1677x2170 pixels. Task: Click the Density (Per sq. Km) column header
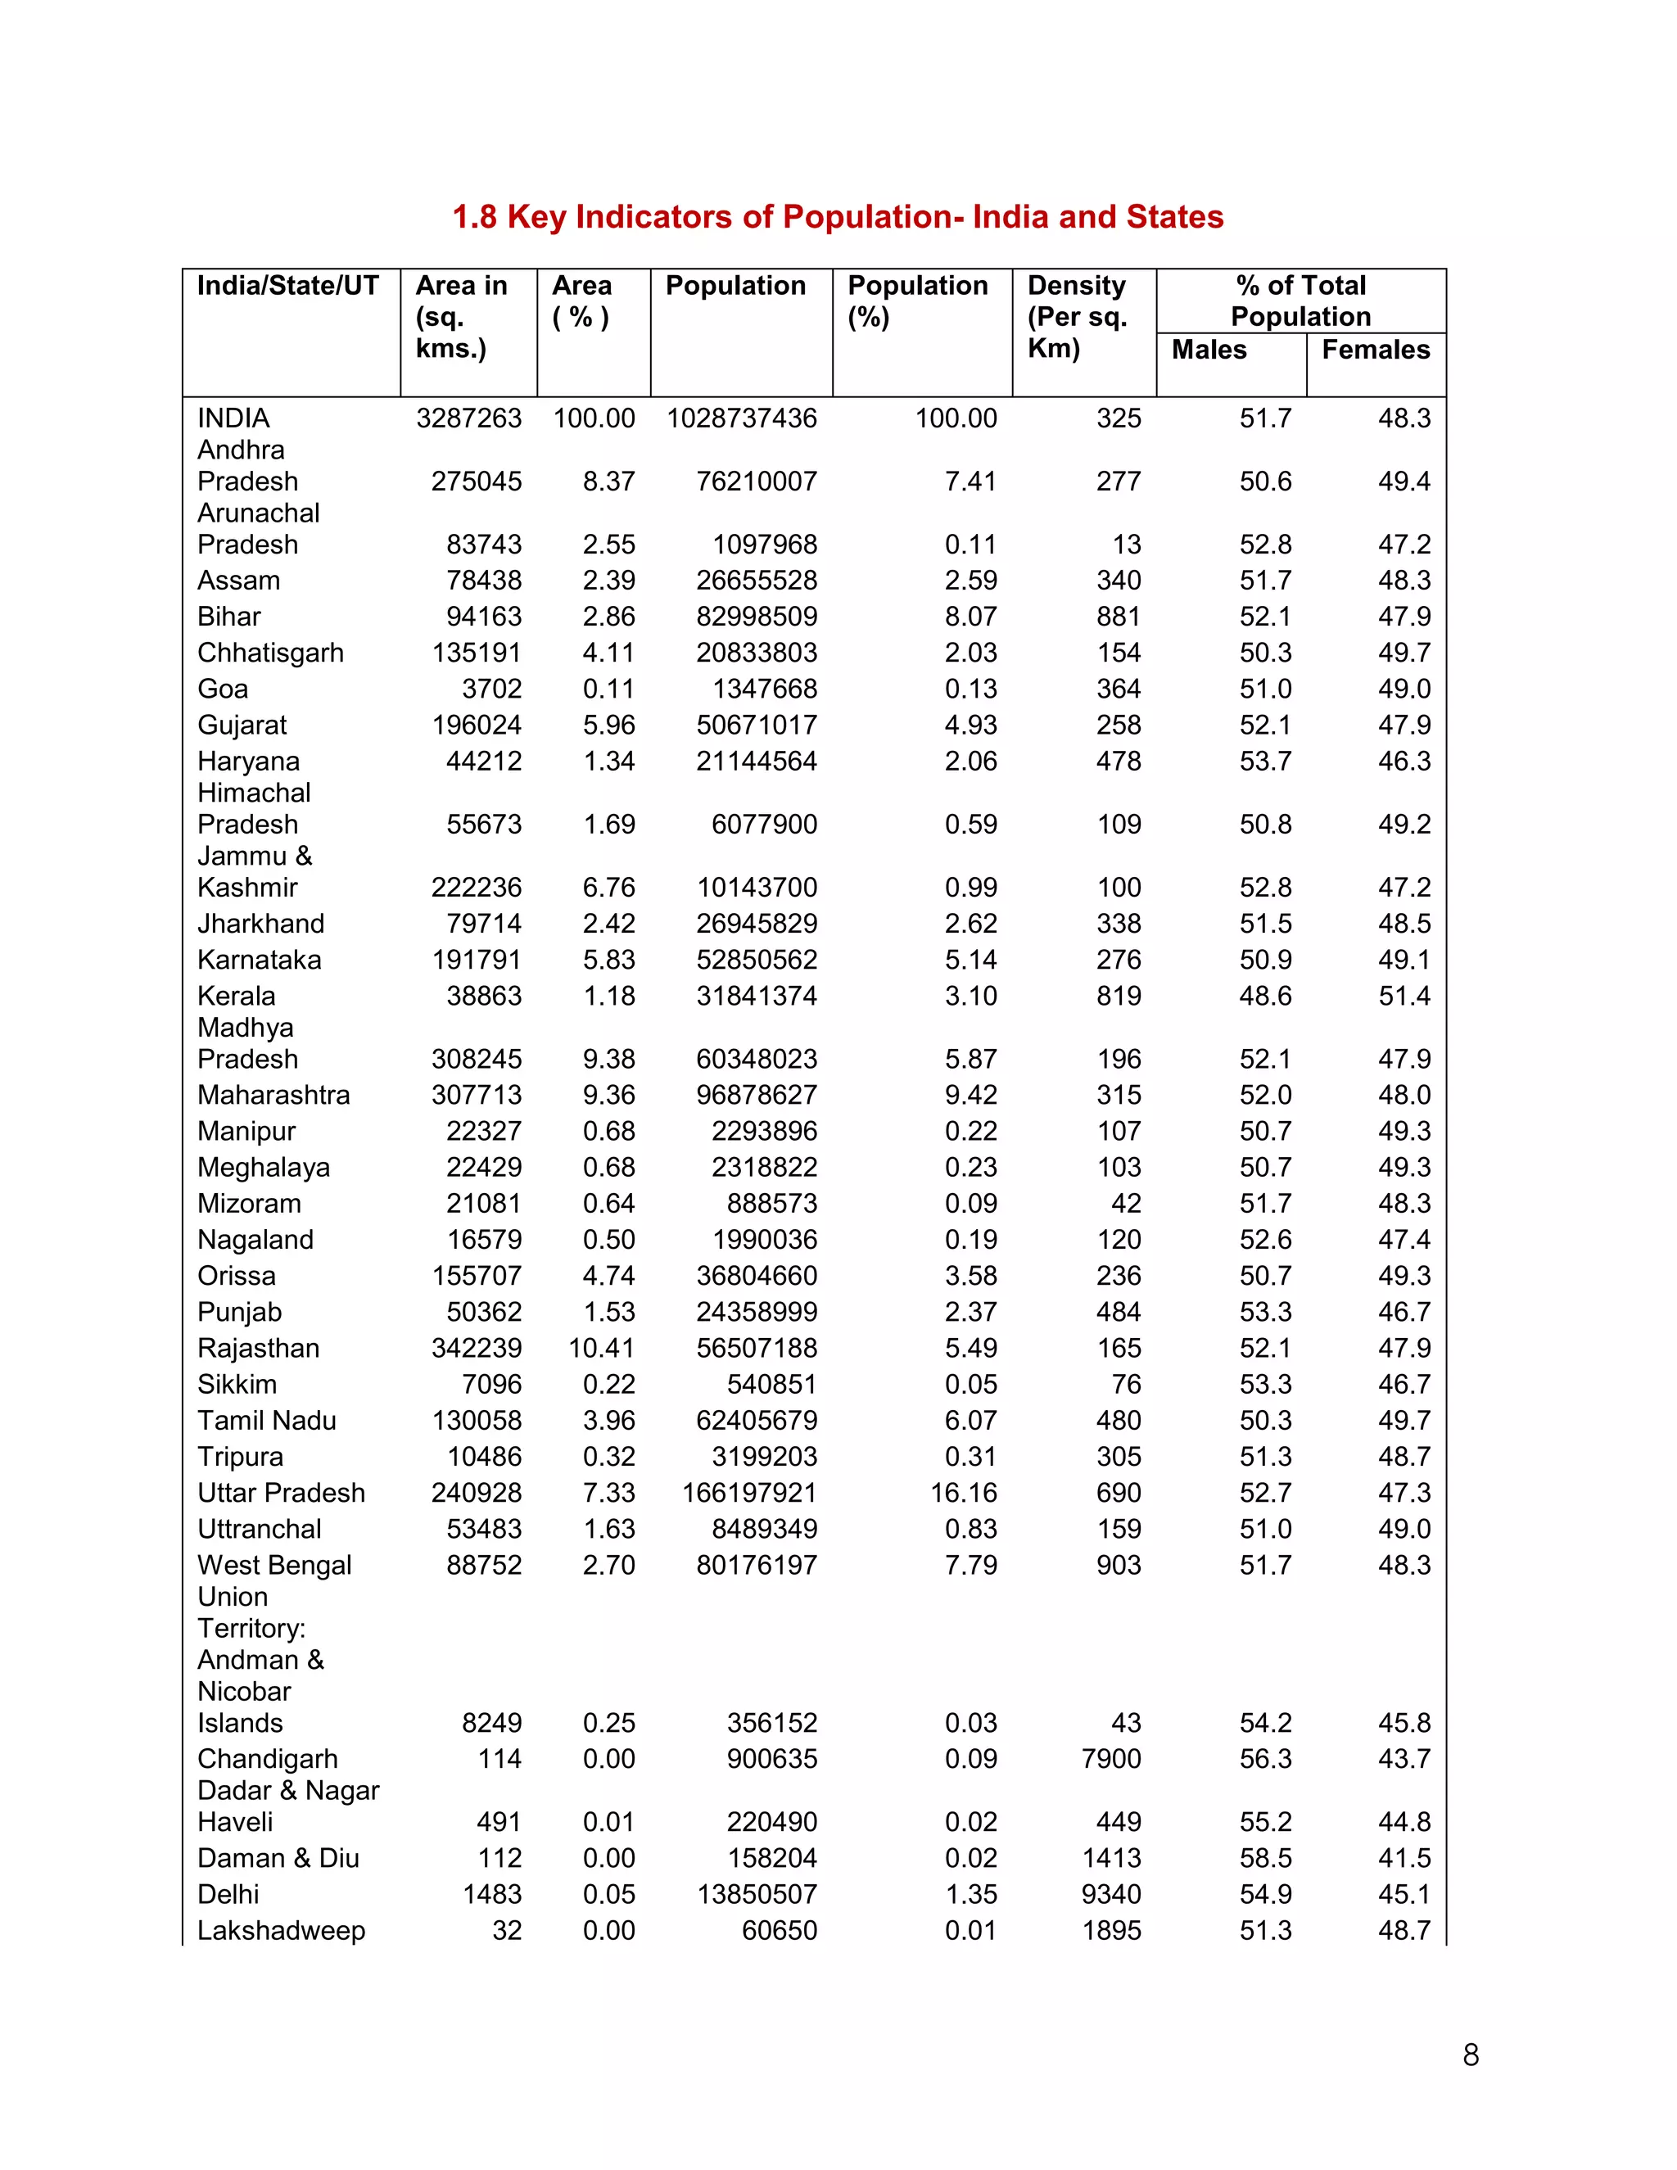point(1078,317)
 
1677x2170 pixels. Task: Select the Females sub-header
point(1375,350)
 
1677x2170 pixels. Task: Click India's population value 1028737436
point(741,418)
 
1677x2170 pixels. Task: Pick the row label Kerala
point(237,996)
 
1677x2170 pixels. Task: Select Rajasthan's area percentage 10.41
point(601,1349)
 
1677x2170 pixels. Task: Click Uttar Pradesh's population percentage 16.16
point(963,1492)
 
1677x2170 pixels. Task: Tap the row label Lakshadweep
point(281,1931)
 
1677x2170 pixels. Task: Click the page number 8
point(1471,2055)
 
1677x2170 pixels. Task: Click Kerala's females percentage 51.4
point(1404,996)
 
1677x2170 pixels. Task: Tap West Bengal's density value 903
point(1119,1565)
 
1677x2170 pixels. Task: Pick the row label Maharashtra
point(273,1095)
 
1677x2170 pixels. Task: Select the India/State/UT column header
point(288,286)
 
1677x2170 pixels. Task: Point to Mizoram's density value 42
point(1126,1203)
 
